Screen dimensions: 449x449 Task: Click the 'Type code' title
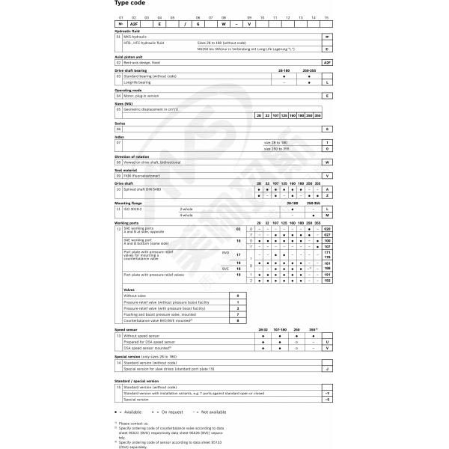[x=130, y=3]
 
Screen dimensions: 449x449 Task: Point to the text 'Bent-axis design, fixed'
[x=142, y=62]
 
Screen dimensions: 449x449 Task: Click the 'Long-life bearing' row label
[x=136, y=82]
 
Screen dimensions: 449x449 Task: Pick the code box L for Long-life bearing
[x=327, y=82]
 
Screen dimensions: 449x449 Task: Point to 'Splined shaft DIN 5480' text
[x=142, y=188]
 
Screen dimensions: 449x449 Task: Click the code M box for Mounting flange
[x=327, y=215]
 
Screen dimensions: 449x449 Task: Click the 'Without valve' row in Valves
[x=135, y=296]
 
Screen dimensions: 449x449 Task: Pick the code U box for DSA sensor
[x=327, y=342]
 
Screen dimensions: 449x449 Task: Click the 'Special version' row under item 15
[x=137, y=400]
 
